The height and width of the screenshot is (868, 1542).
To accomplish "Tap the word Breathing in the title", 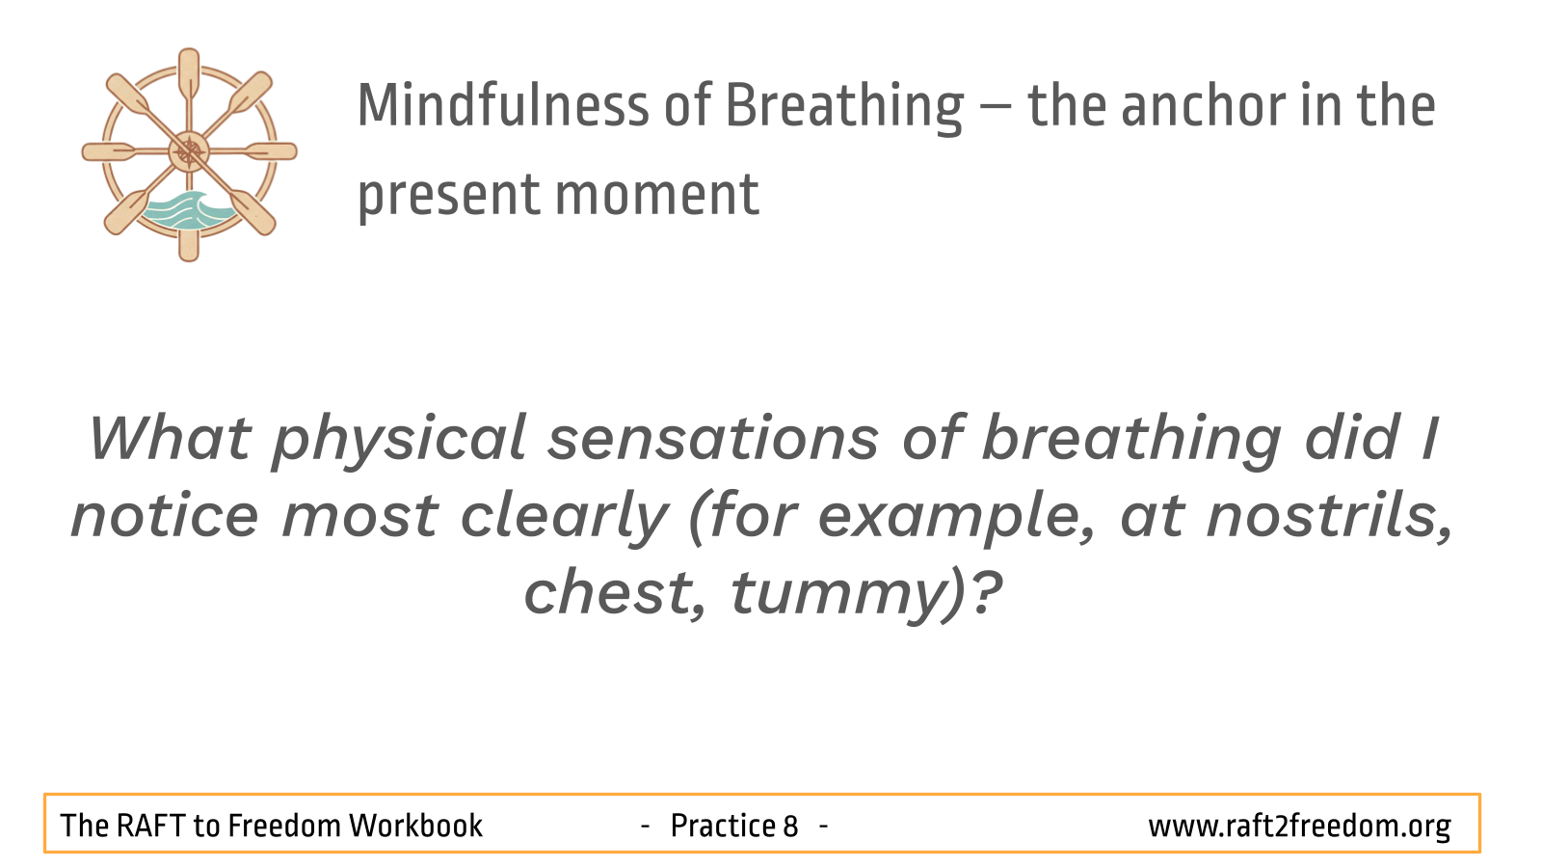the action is (x=844, y=108).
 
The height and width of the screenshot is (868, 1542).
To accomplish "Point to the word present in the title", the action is (x=448, y=199).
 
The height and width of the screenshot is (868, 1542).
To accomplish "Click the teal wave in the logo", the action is (x=187, y=209).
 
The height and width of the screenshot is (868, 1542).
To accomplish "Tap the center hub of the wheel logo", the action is (x=189, y=151).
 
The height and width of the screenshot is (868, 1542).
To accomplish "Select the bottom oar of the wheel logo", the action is (x=189, y=241).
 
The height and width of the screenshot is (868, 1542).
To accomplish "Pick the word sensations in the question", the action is (x=713, y=440).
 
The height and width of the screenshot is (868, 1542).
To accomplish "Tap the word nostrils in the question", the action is (x=1329, y=517).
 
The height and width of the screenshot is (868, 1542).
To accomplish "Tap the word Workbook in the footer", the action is (x=415, y=826).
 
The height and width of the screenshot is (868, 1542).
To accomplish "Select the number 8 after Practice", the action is (x=790, y=827).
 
